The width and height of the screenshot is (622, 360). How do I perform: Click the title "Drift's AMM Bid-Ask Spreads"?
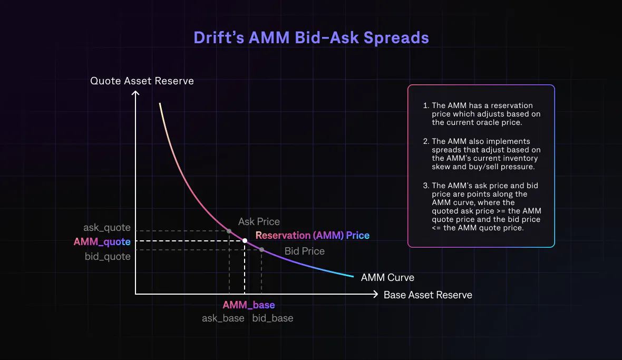pos(311,38)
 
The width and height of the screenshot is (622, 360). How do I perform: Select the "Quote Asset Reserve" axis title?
pos(142,81)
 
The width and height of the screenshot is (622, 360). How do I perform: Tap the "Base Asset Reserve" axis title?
pos(427,295)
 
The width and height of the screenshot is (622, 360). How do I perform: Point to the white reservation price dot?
pos(245,240)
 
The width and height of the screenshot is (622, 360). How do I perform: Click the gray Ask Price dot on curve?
pos(229,231)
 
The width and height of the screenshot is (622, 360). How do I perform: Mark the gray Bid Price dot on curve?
pos(261,250)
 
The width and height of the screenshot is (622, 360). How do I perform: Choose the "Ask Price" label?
pos(259,222)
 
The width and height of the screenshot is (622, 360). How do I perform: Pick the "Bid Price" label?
pos(304,251)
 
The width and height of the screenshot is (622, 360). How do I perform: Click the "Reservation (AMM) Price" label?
pos(312,236)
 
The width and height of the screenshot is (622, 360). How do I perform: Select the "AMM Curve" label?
pos(387,278)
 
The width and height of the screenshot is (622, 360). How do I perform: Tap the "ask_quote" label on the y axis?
pos(107,228)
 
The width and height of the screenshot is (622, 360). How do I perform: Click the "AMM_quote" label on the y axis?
pos(102,242)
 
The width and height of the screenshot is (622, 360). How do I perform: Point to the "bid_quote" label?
pos(108,257)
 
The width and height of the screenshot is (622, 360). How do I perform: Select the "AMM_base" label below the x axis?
pos(248,305)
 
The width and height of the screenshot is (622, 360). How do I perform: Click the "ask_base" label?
pos(223,318)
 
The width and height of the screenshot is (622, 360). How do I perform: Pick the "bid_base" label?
pos(273,318)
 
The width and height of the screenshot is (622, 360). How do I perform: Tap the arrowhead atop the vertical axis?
pos(135,93)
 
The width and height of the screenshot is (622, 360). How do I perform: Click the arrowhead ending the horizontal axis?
pos(375,294)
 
